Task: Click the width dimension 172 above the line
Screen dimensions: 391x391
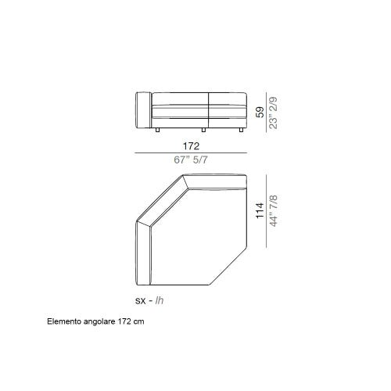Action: click(x=192, y=145)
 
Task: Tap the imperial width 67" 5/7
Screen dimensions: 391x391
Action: click(x=192, y=160)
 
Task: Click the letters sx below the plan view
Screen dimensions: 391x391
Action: click(x=141, y=299)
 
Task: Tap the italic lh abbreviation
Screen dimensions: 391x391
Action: click(x=160, y=299)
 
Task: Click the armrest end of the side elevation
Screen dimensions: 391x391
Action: click(x=142, y=111)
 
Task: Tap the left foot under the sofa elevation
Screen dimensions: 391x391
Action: click(x=158, y=127)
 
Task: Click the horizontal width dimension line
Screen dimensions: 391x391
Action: click(x=192, y=152)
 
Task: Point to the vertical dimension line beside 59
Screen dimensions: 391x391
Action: click(x=266, y=111)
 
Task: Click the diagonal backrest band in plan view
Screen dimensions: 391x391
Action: click(x=160, y=200)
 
